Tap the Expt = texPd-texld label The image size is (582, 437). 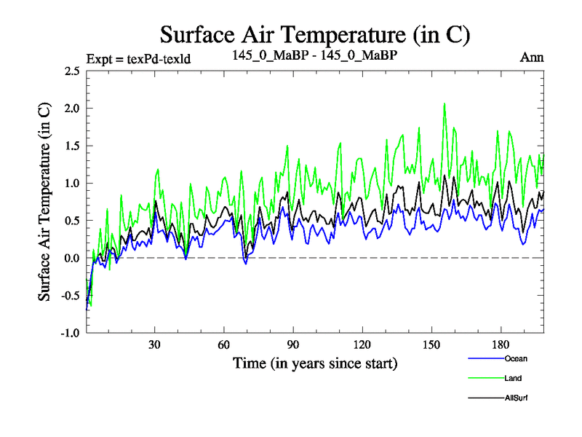point(138,59)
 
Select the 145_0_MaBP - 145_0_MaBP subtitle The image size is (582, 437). point(314,55)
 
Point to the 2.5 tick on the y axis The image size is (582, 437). point(72,71)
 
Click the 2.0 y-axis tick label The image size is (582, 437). point(72,109)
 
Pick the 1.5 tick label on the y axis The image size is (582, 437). point(72,146)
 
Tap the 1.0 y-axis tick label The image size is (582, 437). point(72,184)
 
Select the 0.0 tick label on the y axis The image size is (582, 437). point(72,259)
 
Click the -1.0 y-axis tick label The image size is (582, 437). point(70,334)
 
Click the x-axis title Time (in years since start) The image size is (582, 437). point(314,362)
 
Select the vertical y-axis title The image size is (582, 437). point(44,202)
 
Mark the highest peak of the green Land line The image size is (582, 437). point(445,103)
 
